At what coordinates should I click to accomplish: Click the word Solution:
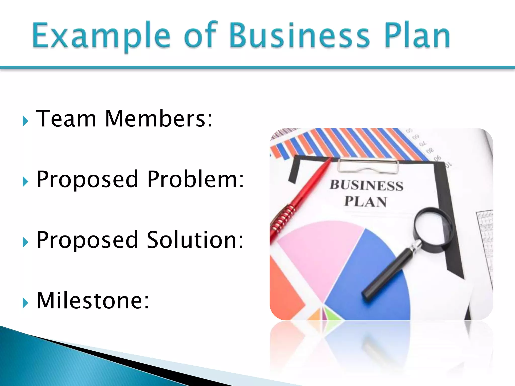point(195,240)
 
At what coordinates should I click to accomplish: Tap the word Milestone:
point(93,300)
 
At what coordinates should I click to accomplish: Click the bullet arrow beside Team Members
point(25,121)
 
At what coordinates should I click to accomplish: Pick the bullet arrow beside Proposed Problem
point(25,182)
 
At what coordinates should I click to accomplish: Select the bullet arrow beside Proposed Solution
point(25,242)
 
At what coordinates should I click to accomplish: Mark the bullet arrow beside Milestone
point(25,303)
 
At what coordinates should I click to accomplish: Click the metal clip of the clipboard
point(368,166)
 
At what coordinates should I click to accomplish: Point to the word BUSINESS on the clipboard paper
point(366,186)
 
